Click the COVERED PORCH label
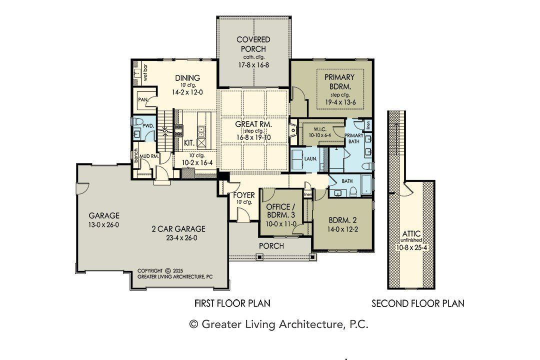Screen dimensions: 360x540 click(253, 44)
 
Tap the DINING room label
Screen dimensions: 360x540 click(187, 78)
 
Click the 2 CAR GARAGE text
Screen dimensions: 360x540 click(178, 229)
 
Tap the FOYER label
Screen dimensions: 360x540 click(244, 194)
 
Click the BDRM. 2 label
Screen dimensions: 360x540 click(342, 220)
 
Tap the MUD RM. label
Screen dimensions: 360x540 click(148, 156)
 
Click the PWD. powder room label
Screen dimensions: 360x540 click(147, 126)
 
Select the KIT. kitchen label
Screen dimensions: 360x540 click(189, 143)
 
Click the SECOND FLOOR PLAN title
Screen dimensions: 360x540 click(417, 303)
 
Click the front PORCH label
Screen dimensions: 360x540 click(271, 246)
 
